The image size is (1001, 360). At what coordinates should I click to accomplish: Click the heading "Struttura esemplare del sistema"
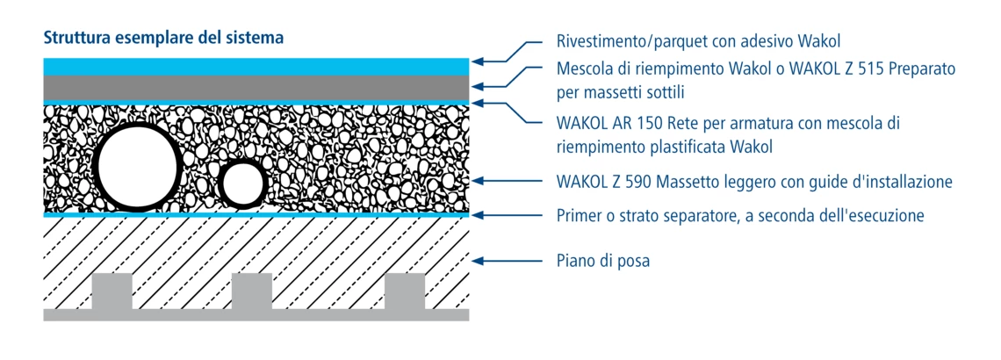pyautogui.click(x=162, y=38)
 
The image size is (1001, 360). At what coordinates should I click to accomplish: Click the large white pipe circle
pyautogui.click(x=138, y=165)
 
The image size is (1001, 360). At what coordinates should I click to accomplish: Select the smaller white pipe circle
pyautogui.click(x=242, y=183)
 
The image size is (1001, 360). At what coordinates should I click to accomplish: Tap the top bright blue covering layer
pyautogui.click(x=256, y=67)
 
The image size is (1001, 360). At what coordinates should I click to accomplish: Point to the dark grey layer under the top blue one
pyautogui.click(x=256, y=88)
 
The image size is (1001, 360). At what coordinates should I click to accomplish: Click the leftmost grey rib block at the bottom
pyautogui.click(x=112, y=291)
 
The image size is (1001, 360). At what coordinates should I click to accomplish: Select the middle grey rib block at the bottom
pyautogui.click(x=251, y=291)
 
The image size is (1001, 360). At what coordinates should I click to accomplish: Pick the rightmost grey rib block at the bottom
pyautogui.click(x=405, y=291)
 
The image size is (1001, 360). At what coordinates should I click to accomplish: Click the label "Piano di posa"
pyautogui.click(x=603, y=262)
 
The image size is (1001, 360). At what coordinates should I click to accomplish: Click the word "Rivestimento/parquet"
pyautogui.click(x=631, y=42)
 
